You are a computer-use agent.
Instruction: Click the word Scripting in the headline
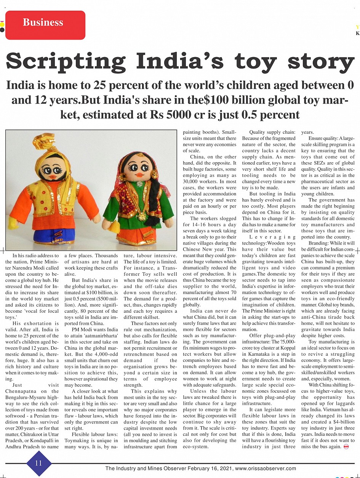coord(66,62)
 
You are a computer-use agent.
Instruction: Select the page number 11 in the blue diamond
coord(38,463)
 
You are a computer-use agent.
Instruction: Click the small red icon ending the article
coord(346,447)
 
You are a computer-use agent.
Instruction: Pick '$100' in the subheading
coord(216,100)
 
